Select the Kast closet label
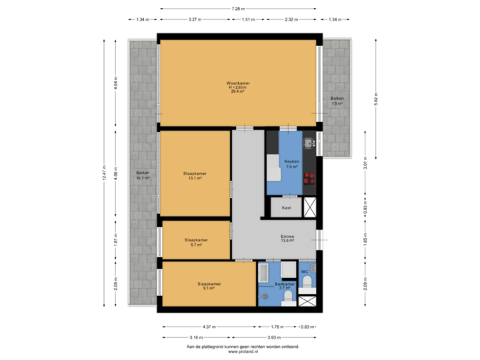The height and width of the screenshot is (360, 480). point(286,208)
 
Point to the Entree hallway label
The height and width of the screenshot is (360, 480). point(288,237)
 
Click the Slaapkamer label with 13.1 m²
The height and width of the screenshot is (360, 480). point(195,175)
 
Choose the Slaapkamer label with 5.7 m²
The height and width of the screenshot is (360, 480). point(196,242)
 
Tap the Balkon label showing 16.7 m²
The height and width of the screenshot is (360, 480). point(143,175)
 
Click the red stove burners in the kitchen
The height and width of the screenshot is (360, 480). point(309,179)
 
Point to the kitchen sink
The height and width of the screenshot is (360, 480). point(308,141)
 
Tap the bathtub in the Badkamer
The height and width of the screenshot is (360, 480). point(263,272)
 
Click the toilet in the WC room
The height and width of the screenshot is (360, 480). point(307,283)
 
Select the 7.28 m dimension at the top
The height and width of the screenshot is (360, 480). point(238,9)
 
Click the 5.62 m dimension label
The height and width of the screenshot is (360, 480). point(376,99)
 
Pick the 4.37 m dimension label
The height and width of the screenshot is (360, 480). point(209,327)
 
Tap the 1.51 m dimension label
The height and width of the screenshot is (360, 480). point(248,20)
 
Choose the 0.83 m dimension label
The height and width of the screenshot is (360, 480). point(307,327)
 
